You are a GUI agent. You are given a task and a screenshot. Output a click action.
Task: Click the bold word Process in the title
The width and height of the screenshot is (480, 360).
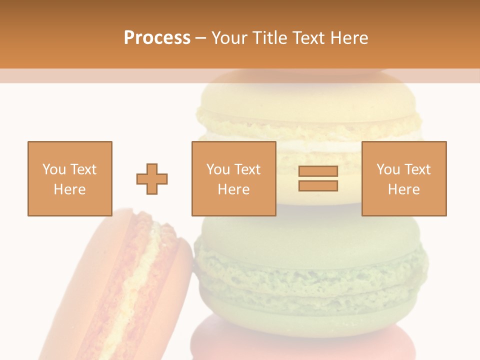(x=157, y=38)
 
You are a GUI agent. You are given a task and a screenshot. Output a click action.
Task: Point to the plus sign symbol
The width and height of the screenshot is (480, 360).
(x=152, y=178)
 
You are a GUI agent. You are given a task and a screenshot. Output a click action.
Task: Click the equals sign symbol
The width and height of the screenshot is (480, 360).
(x=318, y=178)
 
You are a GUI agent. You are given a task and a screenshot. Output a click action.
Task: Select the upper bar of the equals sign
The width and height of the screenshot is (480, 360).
(x=318, y=171)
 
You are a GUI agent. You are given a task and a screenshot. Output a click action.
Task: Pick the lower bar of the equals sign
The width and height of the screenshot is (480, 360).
(x=318, y=186)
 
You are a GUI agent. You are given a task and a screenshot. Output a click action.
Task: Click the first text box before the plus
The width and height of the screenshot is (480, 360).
(x=69, y=178)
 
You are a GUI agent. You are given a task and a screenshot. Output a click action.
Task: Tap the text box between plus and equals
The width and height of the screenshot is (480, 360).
(x=233, y=178)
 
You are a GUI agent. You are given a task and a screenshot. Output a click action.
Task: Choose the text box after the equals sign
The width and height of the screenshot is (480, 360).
(x=403, y=178)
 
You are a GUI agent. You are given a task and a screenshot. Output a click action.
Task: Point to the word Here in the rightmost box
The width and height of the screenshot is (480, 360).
(x=403, y=189)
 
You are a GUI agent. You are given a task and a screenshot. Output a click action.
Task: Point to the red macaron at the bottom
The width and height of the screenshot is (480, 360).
(x=300, y=342)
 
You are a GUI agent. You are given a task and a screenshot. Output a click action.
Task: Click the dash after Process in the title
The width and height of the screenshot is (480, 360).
(x=201, y=38)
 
